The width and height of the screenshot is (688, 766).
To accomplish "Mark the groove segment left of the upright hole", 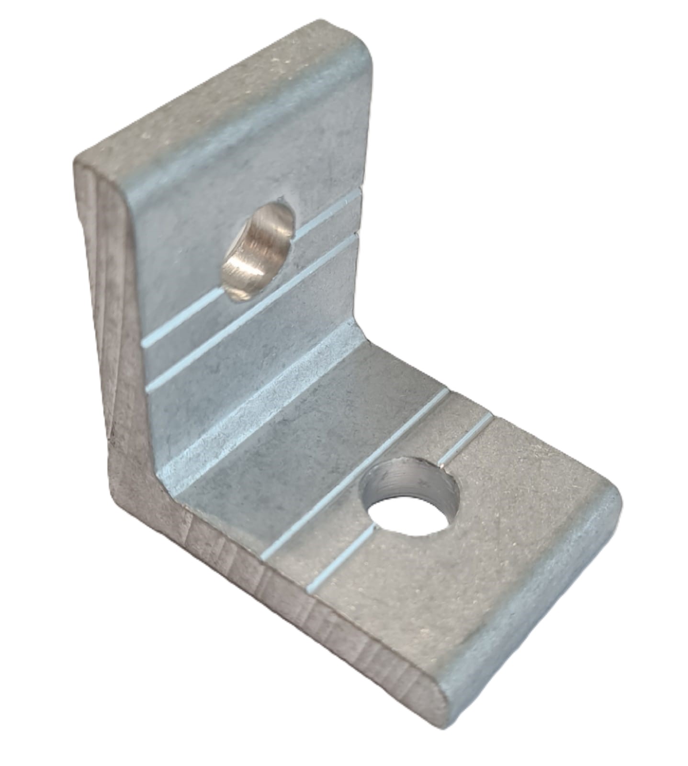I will pos(182,323).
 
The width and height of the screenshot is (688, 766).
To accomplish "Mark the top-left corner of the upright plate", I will pos(81,160).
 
